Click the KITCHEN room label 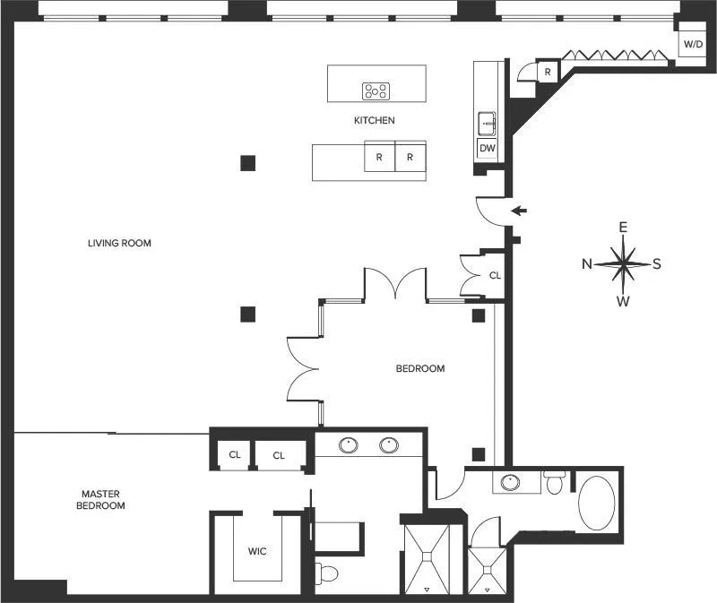tap(374, 120)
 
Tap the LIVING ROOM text tap(119, 243)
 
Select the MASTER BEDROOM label tap(103, 500)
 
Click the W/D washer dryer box tap(693, 43)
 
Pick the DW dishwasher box tap(488, 149)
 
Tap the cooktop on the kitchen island tap(376, 90)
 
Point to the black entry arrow tap(519, 211)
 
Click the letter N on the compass tap(587, 263)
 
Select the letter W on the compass tap(623, 301)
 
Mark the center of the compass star tap(623, 263)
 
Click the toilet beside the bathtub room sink tap(556, 485)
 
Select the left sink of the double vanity tap(348, 444)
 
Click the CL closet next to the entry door tap(495, 275)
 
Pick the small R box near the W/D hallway tap(547, 72)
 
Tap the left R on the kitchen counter tap(379, 157)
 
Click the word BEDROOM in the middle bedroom tap(420, 368)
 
